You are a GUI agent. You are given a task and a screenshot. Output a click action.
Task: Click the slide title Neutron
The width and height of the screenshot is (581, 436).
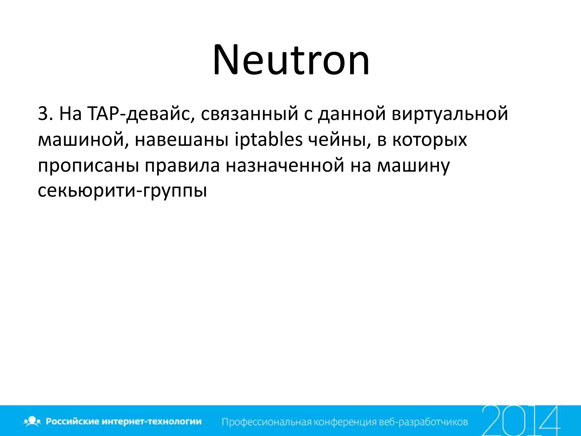click(291, 60)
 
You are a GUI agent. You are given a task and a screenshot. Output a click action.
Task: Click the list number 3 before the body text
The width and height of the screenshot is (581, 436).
click(43, 114)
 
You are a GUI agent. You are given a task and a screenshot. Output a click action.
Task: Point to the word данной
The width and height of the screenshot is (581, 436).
click(351, 114)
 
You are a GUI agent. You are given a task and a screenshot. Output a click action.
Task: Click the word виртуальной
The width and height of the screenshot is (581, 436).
click(450, 114)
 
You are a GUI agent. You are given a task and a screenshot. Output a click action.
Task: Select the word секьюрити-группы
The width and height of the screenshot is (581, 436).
click(122, 191)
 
